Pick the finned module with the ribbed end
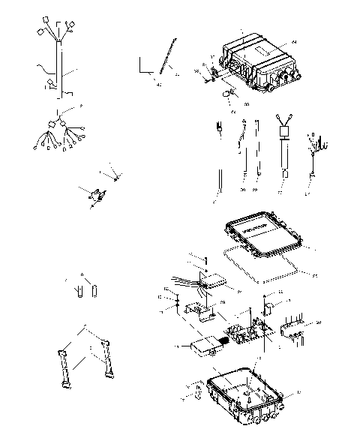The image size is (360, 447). point(205,344)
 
